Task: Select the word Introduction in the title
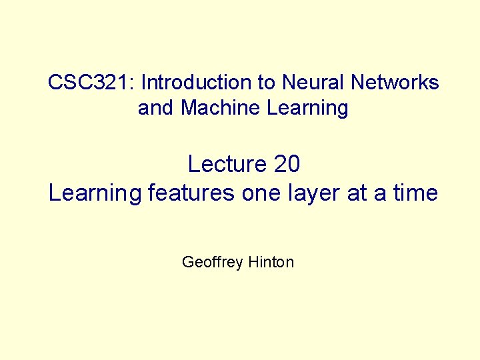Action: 196,83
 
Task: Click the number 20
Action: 286,163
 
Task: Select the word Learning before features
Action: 95,193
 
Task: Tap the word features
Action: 191,193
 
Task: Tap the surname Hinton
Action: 271,263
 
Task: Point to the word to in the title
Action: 265,83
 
